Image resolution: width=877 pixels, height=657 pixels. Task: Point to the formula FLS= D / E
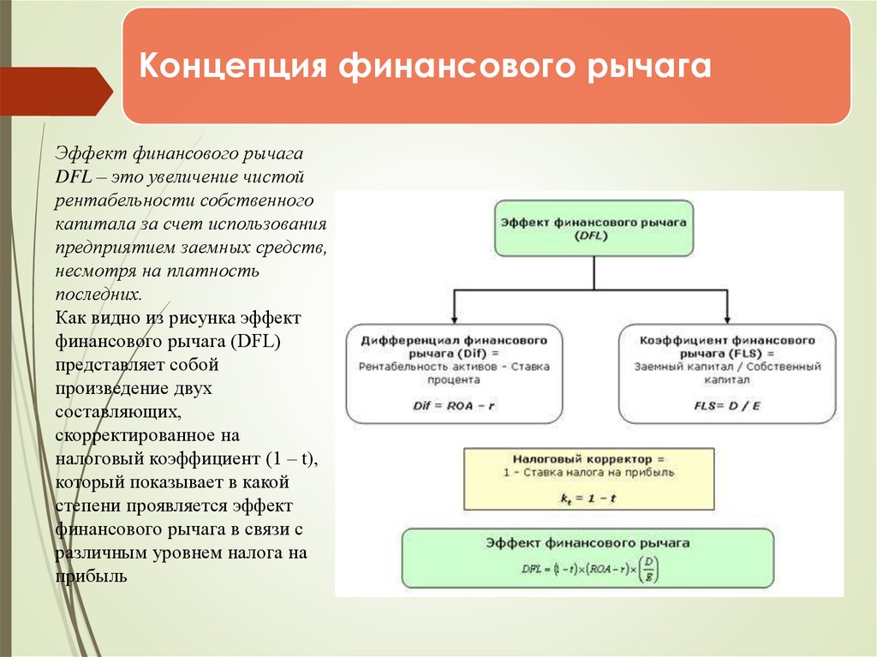pos(727,406)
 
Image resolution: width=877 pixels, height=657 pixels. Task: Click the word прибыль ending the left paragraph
pos(92,576)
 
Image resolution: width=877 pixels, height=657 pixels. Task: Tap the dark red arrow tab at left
pos(56,91)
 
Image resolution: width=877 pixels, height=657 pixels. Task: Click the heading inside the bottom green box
pos(588,543)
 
